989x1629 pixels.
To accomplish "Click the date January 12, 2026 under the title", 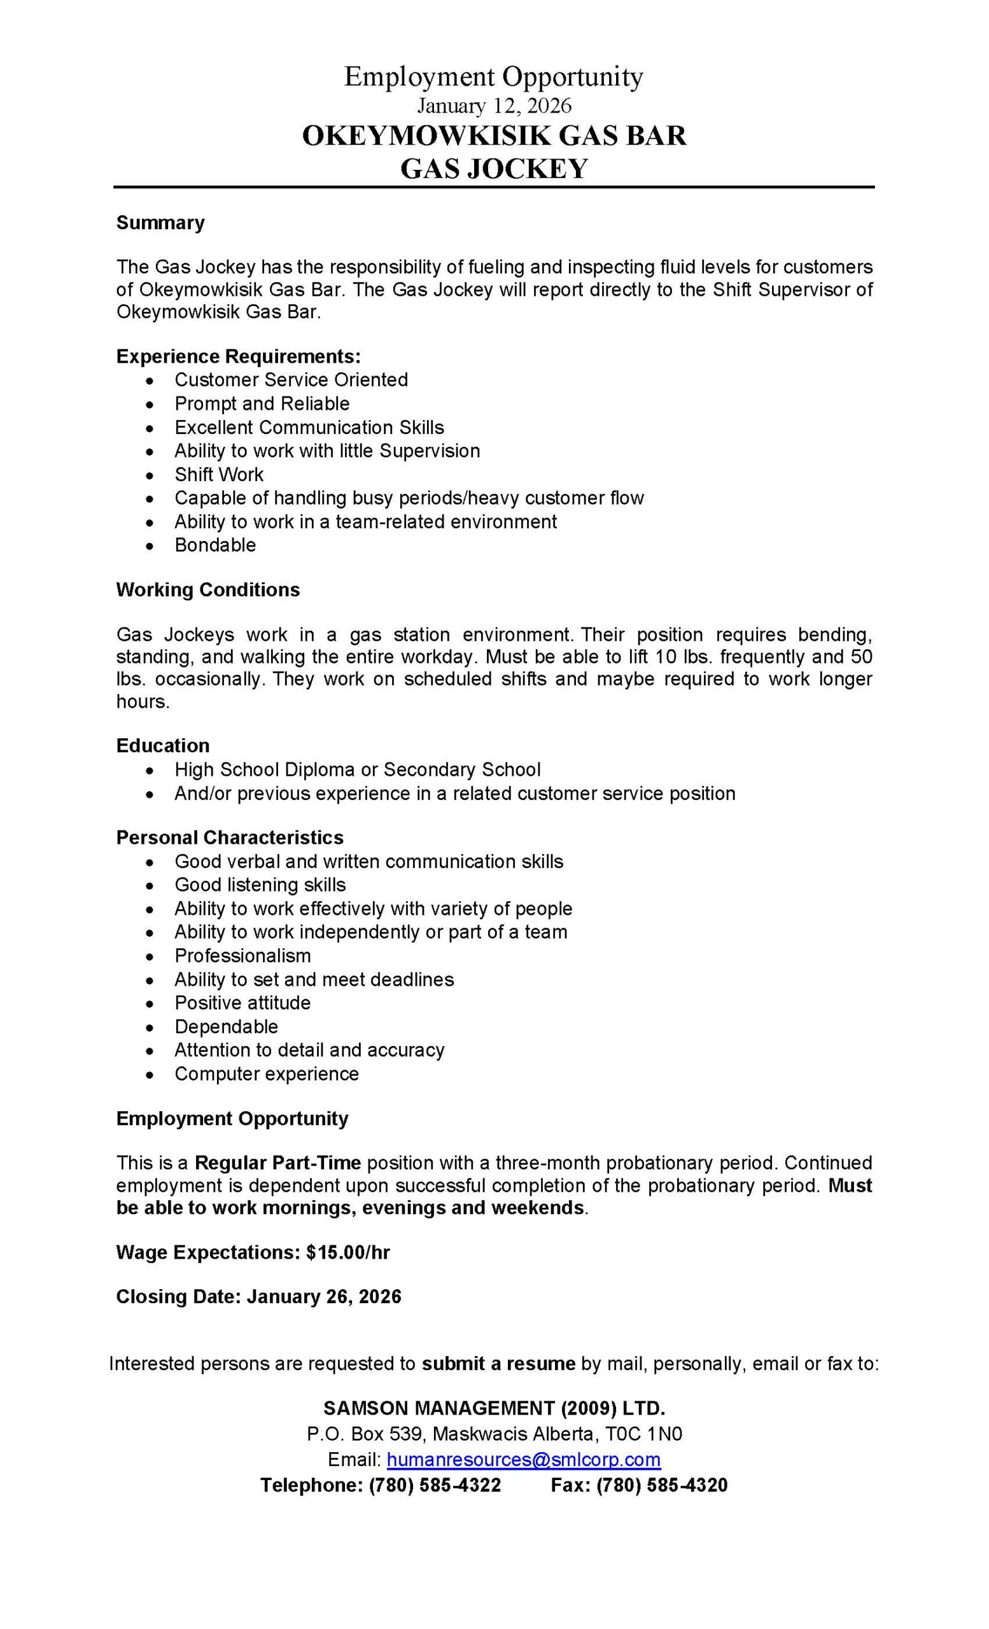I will coord(494,106).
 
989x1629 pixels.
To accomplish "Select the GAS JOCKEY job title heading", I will coord(494,169).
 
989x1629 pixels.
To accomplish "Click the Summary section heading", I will coord(160,223).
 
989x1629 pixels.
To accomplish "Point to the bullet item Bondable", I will coord(215,545).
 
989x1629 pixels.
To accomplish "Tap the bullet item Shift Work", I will coord(219,474).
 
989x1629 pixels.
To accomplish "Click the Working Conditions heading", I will coord(207,590).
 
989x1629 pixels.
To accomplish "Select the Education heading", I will coord(163,746).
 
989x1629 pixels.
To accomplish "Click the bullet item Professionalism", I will coord(242,955).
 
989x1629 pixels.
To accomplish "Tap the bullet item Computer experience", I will coord(267,1073).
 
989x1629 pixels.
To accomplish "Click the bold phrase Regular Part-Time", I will coord(277,1163).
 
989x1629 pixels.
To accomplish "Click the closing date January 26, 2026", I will coord(324,1297).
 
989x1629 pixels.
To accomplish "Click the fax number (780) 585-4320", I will coord(661,1486).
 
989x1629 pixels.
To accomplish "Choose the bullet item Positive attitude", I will coord(242,1003).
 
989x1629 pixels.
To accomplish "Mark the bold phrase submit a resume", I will coord(498,1363).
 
